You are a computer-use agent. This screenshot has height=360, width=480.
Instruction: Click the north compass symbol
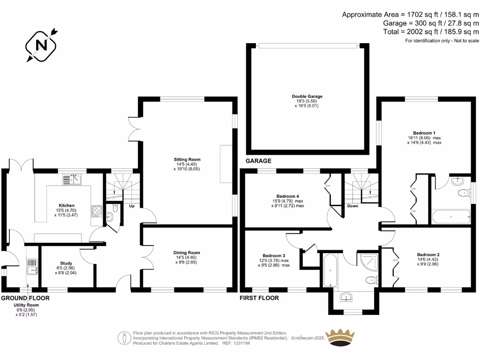point(41,45)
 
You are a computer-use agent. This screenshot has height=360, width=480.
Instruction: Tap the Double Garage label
point(307,96)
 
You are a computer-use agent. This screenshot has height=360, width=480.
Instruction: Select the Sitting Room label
point(187,159)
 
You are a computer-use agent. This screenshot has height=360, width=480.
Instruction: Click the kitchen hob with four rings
point(97,211)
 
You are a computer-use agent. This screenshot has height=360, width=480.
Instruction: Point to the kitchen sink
point(72,180)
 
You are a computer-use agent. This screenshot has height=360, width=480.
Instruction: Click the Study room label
point(66,263)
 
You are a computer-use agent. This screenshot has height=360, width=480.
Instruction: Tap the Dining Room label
point(187,253)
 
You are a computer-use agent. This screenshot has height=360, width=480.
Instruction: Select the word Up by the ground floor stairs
point(132,206)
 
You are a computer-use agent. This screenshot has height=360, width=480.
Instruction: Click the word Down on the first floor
point(352,206)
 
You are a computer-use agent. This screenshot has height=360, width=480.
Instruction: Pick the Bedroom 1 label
point(424,133)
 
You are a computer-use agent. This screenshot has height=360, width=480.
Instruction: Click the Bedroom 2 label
point(428,255)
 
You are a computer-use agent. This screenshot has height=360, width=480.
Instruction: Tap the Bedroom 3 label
point(274,255)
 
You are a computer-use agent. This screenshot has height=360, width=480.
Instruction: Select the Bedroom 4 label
point(287,196)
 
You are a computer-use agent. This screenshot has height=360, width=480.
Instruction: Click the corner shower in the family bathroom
point(369,262)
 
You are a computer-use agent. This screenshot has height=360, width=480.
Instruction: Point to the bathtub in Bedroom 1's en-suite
point(451,217)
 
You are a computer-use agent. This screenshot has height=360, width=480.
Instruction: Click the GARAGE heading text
point(258,161)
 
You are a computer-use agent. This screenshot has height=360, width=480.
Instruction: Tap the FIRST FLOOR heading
point(259,298)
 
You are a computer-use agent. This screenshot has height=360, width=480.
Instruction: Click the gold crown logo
point(340,338)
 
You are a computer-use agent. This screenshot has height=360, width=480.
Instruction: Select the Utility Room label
point(26,305)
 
